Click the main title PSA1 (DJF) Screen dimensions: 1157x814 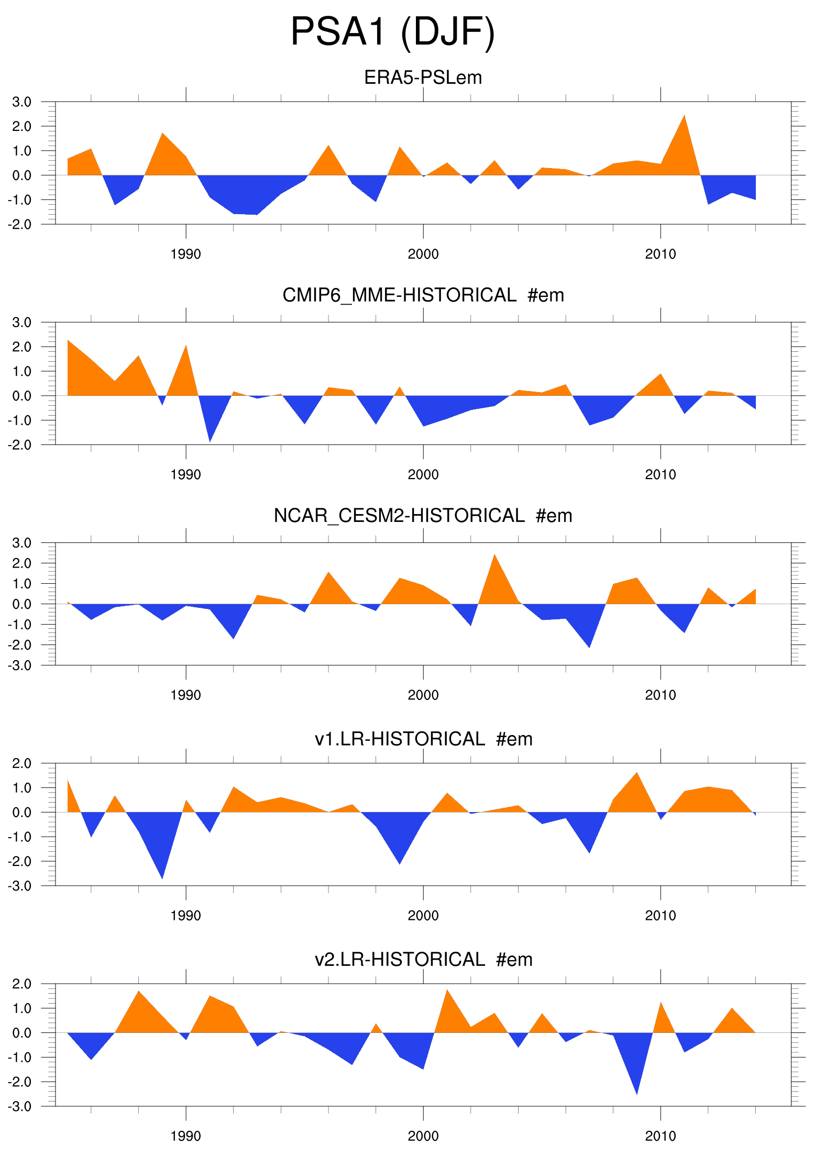pos(392,32)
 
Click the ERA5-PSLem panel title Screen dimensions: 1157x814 pos(423,77)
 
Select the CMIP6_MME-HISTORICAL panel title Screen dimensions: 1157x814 pos(423,295)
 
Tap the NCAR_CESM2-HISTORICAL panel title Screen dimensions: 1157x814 pos(423,516)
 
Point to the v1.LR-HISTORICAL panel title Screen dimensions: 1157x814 pos(423,739)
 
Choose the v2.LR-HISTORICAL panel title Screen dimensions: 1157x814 pos(423,959)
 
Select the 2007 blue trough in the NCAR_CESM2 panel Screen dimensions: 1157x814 pos(589,645)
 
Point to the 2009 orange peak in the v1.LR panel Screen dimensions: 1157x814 pos(636,775)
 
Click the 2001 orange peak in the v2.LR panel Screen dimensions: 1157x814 pos(447,992)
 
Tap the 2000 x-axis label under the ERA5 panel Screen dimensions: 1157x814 pos(423,254)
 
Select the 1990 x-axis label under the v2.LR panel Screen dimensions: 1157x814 pos(186,1136)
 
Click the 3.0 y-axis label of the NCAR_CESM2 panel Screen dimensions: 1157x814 pos(21,543)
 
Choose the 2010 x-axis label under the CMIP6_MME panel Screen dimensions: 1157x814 pos(660,475)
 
